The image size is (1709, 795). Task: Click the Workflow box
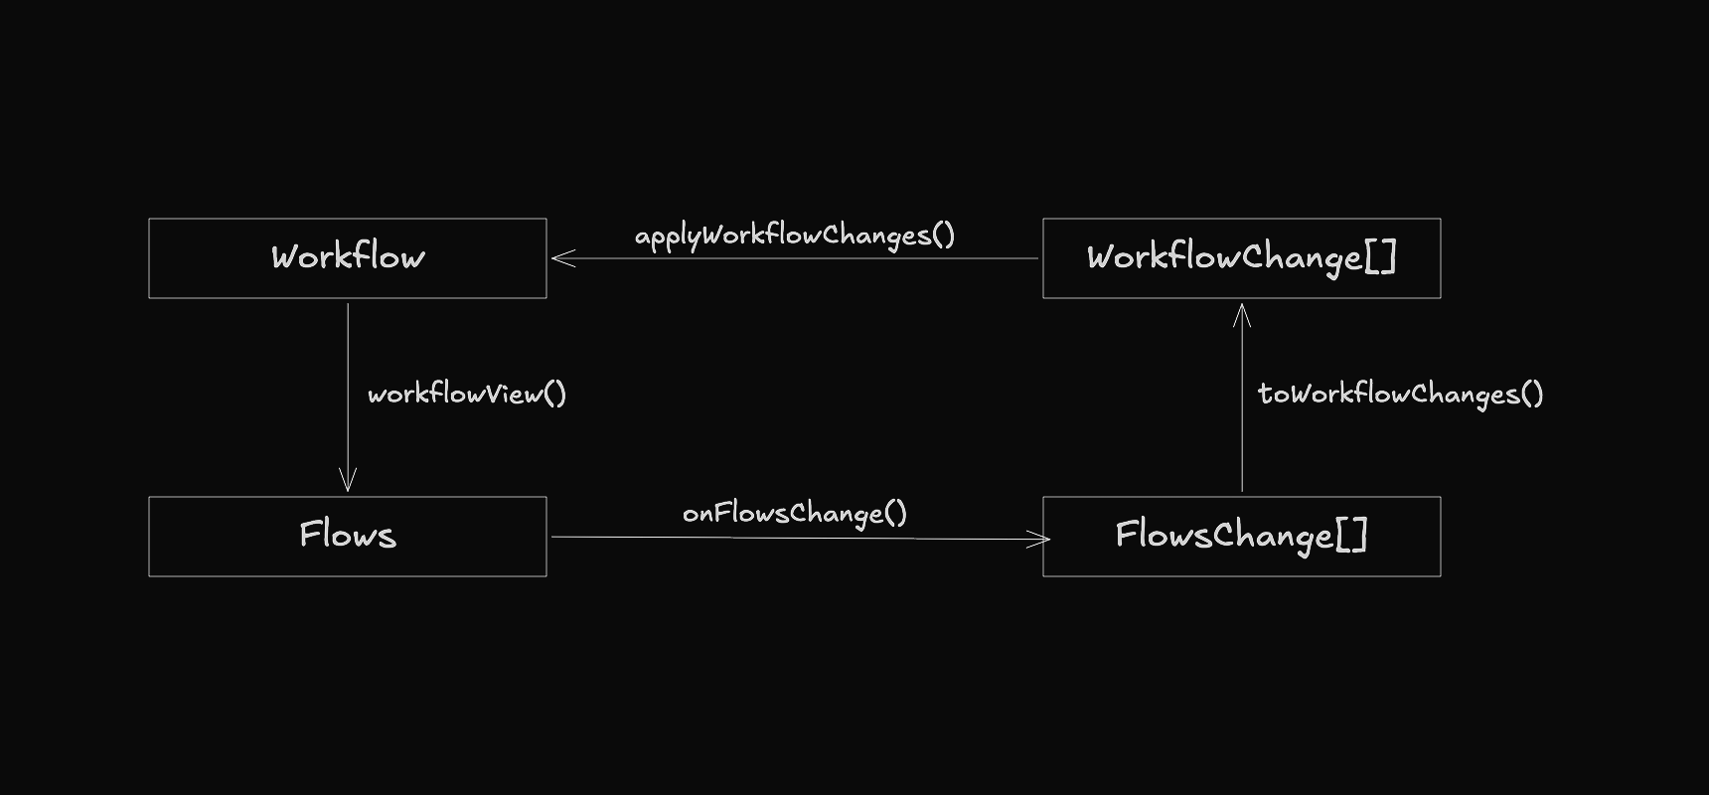(348, 258)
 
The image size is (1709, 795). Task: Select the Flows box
(348, 537)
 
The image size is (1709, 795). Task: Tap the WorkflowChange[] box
(1242, 258)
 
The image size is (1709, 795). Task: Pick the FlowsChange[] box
(1242, 537)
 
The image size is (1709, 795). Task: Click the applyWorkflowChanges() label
(795, 236)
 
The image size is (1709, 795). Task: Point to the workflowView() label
(467, 395)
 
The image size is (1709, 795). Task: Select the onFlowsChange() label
(795, 514)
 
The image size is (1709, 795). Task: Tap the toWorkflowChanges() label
(1401, 395)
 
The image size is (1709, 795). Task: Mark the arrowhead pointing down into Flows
(348, 481)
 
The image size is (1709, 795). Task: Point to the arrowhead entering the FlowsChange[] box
(1040, 539)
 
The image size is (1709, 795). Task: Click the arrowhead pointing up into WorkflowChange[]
(1242, 314)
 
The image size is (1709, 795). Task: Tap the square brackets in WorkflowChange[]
(1381, 256)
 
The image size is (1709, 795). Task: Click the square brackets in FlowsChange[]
(1352, 535)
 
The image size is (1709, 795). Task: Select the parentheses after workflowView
(555, 395)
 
